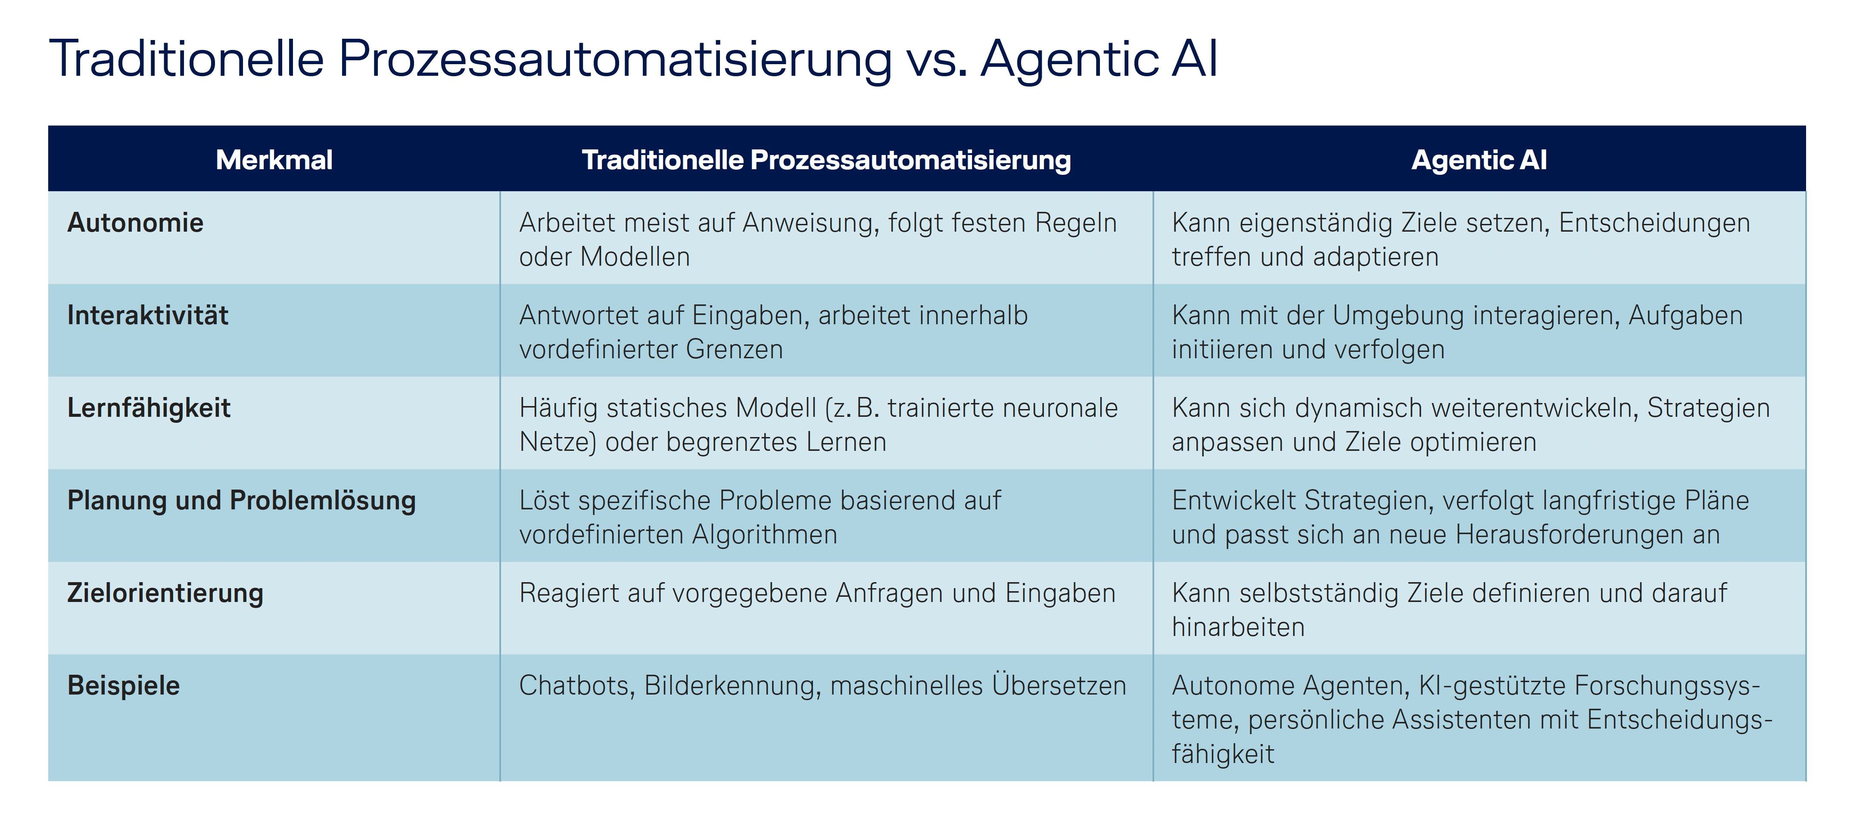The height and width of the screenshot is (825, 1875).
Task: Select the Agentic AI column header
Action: point(1479,160)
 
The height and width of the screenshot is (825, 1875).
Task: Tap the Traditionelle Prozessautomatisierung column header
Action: point(826,160)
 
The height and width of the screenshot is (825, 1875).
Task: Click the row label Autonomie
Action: point(135,223)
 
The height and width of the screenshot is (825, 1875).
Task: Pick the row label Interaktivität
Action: point(148,315)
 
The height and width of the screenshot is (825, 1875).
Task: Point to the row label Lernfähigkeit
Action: point(149,408)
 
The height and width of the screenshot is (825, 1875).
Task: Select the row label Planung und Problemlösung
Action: point(242,500)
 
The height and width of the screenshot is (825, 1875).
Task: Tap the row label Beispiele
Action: point(124,686)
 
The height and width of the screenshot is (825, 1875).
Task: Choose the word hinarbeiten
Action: point(1238,627)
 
